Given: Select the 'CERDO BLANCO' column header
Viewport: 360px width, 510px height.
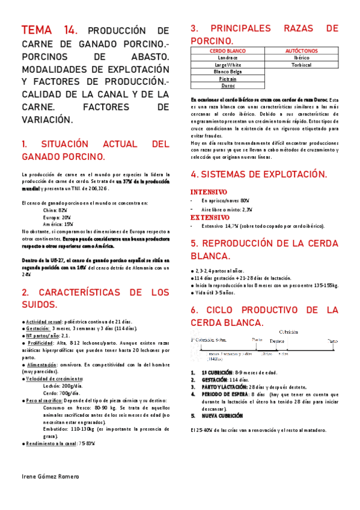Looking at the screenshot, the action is click(x=228, y=52).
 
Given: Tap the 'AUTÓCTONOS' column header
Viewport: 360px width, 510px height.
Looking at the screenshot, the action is click(x=302, y=52).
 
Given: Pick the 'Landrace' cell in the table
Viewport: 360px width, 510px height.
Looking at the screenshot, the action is click(x=228, y=58).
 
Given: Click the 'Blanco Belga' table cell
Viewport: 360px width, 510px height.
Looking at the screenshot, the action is click(x=228, y=72).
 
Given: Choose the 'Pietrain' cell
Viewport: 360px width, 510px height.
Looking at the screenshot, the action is click(x=228, y=78).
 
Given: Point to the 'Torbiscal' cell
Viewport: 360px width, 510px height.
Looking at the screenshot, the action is click(x=302, y=65).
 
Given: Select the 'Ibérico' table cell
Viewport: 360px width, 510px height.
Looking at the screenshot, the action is click(x=302, y=58).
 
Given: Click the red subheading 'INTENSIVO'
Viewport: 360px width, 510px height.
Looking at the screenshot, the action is click(x=209, y=192).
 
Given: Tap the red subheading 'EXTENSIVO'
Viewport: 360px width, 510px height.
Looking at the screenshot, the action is click(x=210, y=217).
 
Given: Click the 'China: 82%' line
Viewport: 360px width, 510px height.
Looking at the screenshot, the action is click(x=55, y=210).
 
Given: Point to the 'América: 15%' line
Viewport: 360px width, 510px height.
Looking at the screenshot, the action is click(x=58, y=224).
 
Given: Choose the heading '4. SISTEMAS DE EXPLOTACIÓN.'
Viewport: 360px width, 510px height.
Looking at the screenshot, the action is click(x=258, y=174).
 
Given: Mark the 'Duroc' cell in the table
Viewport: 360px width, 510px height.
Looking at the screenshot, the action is click(x=228, y=85).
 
